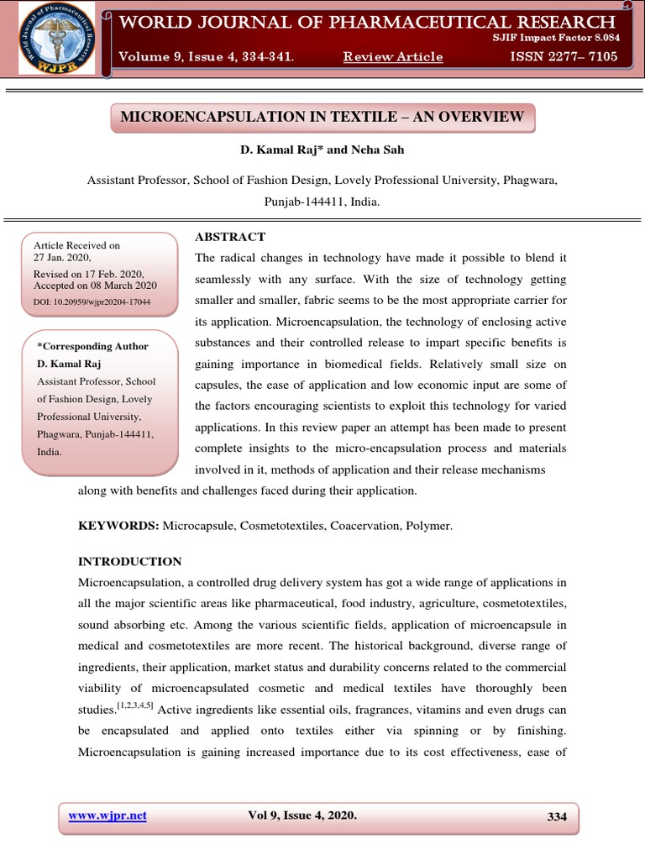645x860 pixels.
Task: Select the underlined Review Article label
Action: (x=393, y=56)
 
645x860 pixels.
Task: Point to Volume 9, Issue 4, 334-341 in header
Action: (x=206, y=56)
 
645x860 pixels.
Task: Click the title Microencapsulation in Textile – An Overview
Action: (x=322, y=117)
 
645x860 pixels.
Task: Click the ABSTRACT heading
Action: (x=230, y=237)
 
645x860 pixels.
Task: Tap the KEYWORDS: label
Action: (x=118, y=526)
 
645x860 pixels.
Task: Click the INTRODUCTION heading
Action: (x=129, y=561)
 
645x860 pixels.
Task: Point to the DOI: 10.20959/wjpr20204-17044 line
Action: (x=92, y=301)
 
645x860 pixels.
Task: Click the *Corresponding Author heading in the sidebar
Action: (x=93, y=346)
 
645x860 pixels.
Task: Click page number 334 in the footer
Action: (x=557, y=816)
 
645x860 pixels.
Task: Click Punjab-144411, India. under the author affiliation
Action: (x=322, y=202)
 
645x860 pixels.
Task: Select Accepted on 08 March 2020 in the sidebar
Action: (x=95, y=286)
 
